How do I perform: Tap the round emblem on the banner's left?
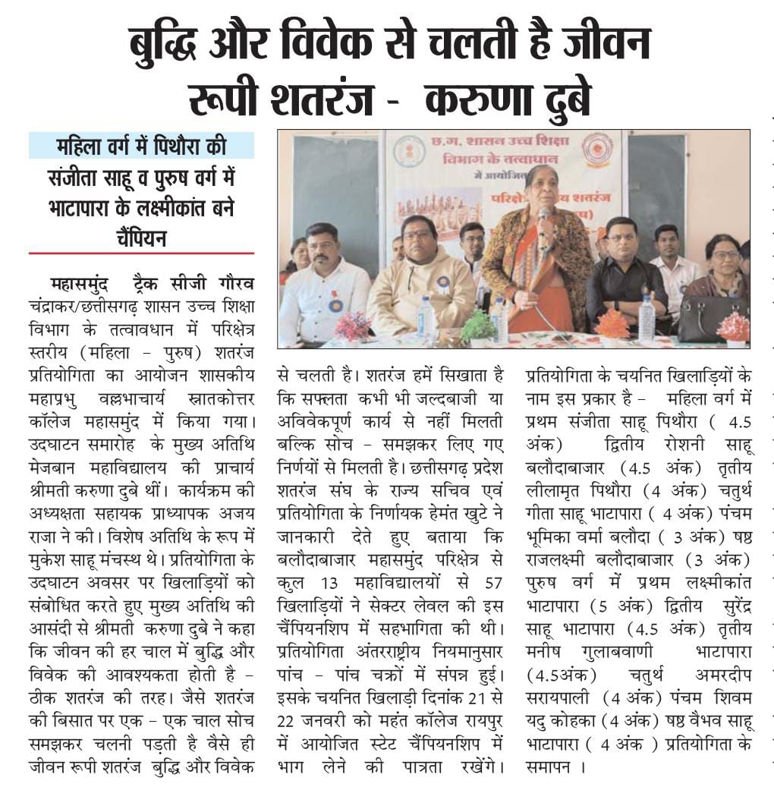(409, 151)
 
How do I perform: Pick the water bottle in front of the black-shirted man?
(647, 318)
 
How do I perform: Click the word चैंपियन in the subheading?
(142, 238)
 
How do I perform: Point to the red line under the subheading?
(141, 253)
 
